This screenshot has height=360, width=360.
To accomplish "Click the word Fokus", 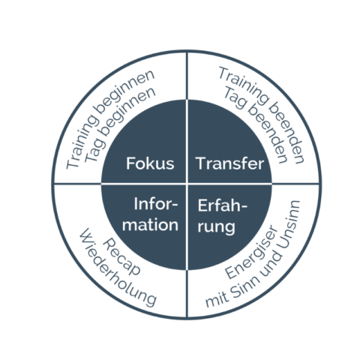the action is (x=150, y=163).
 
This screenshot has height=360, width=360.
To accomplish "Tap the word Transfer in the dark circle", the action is (x=230, y=163).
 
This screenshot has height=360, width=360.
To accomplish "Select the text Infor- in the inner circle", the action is (x=155, y=204).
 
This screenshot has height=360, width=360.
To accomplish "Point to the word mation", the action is (x=150, y=224).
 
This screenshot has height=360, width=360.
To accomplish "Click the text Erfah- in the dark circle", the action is (x=222, y=206).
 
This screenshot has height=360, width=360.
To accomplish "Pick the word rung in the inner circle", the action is (x=216, y=227).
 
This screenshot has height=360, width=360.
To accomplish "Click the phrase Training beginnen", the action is (x=110, y=118).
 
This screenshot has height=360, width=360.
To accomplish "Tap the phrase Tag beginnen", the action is (x=119, y=125).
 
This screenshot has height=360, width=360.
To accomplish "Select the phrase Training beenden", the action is (x=262, y=115).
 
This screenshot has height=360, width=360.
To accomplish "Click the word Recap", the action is (x=121, y=257).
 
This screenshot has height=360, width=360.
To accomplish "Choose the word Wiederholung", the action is (x=118, y=268).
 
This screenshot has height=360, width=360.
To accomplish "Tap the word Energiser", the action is (x=251, y=253).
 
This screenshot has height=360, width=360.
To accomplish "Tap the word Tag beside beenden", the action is (x=234, y=98).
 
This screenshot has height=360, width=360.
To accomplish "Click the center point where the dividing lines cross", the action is (x=187, y=184).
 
